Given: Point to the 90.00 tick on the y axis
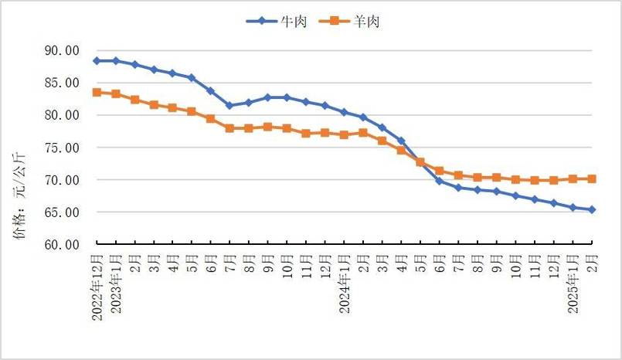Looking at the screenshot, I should [x=63, y=51].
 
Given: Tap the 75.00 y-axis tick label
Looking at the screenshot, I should [x=63, y=148].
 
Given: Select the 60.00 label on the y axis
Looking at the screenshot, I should [x=63, y=245].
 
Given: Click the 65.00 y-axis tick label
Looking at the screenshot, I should [x=63, y=212].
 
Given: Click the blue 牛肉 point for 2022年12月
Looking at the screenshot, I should [x=97, y=60].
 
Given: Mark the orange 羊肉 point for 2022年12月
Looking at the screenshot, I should [x=97, y=92].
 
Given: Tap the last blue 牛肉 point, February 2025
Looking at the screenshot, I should [x=592, y=209].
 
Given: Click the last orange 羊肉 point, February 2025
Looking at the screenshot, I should [x=592, y=178].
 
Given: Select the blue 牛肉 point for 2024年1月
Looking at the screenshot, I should [x=344, y=112].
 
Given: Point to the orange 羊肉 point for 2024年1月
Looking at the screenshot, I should [x=344, y=134].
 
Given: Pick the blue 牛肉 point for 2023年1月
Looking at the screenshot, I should [x=116, y=60].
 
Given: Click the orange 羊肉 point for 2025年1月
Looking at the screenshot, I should [x=573, y=178].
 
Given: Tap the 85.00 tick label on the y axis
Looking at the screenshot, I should [x=63, y=83].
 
